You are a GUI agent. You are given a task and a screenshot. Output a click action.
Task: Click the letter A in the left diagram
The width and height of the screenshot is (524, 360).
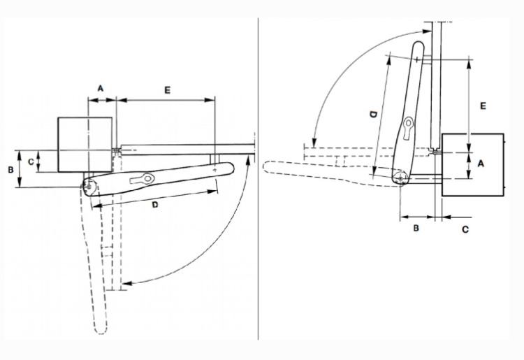(101, 89)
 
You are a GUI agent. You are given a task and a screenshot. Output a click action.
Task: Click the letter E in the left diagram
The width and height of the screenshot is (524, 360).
(168, 90)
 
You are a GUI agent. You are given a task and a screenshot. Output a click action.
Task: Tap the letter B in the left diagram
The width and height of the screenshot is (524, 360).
(10, 170)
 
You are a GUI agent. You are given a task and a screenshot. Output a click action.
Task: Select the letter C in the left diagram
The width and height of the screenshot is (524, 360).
(31, 161)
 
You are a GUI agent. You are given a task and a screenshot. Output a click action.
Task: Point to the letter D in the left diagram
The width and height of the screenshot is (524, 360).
(154, 205)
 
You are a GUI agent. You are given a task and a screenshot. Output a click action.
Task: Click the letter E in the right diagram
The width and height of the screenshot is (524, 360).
(483, 106)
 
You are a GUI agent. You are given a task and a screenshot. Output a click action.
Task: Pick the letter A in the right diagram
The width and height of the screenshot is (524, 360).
(481, 164)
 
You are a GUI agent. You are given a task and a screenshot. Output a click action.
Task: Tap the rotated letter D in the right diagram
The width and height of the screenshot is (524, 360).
(373, 115)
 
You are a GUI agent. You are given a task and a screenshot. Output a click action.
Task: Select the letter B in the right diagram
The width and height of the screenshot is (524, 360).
(416, 229)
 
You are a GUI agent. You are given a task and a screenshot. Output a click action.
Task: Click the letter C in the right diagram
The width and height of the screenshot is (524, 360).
(465, 230)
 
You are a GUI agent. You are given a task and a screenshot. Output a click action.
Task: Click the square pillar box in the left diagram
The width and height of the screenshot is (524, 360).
(85, 145)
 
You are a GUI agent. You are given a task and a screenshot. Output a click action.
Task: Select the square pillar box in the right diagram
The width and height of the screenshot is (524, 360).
(473, 164)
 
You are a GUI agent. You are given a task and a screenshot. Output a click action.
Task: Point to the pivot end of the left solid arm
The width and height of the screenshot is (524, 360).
(89, 187)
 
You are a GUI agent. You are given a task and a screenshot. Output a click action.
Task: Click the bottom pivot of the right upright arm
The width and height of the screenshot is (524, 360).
(401, 178)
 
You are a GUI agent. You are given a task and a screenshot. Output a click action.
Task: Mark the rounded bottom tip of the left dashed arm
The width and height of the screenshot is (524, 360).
(101, 331)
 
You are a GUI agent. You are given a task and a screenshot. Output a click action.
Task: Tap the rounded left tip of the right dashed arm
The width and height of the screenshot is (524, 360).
(268, 167)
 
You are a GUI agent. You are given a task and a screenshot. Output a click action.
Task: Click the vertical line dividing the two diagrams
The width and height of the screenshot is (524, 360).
(258, 179)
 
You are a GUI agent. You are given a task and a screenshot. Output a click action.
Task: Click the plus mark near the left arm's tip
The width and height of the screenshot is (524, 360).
(214, 170)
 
